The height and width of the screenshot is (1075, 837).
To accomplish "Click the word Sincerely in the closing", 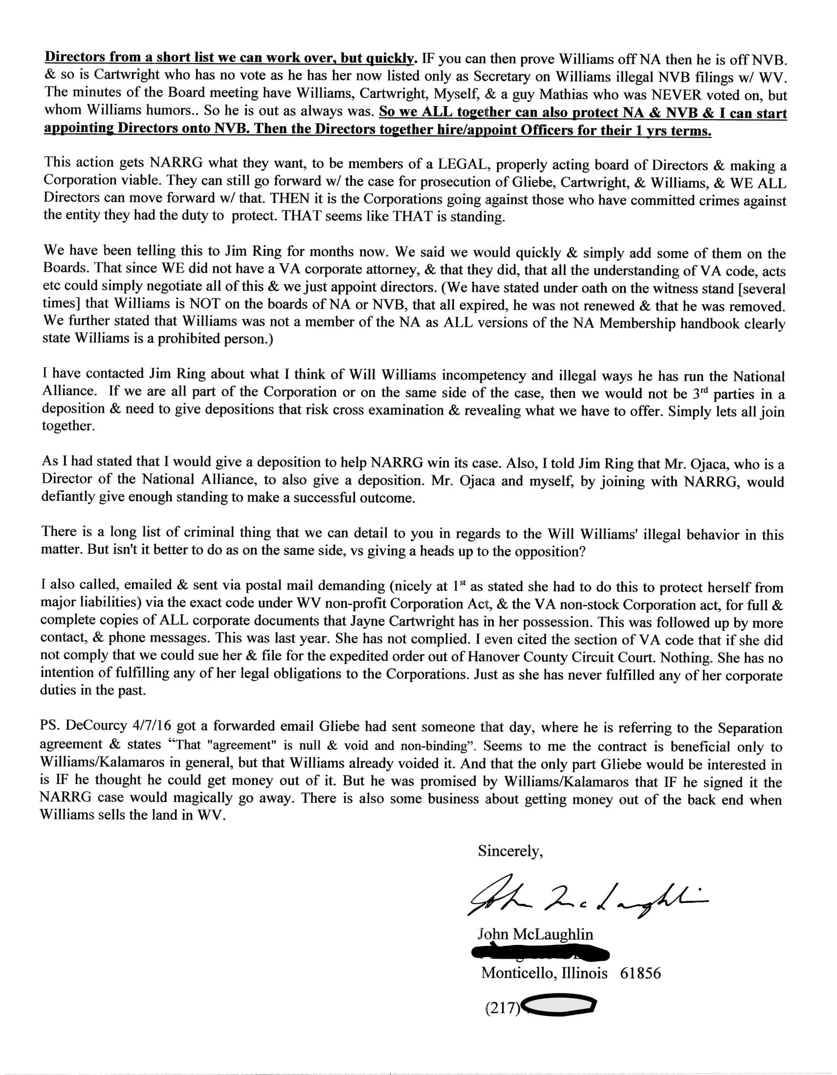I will tap(510, 851).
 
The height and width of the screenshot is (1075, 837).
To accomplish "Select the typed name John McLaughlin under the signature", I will tap(535, 934).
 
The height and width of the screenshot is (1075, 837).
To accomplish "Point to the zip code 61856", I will tap(640, 973).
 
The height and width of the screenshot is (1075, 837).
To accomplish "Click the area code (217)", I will tap(503, 1008).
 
